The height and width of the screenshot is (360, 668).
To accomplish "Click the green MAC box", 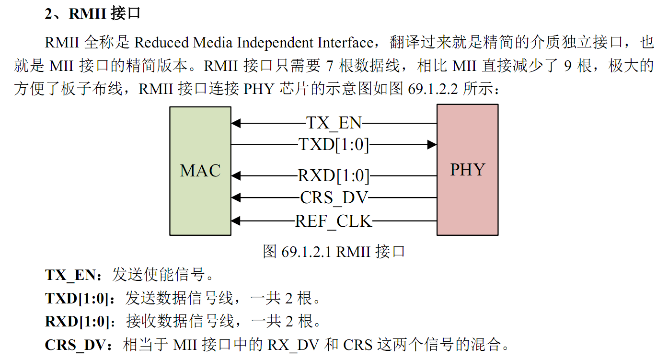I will (x=200, y=171).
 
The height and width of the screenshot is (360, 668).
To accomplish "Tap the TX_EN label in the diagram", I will (x=334, y=123).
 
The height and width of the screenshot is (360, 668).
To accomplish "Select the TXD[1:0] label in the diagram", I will (x=334, y=144).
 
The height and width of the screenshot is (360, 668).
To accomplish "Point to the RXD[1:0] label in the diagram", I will (x=334, y=176).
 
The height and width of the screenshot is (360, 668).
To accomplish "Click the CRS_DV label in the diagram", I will (x=334, y=197).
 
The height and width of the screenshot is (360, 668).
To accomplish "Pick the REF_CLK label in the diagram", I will (x=334, y=221).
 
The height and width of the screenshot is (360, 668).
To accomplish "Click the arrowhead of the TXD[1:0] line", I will (x=432, y=144).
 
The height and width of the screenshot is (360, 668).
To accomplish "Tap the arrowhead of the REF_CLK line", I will (x=235, y=221).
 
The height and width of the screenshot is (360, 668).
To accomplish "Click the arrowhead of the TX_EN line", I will (x=235, y=123).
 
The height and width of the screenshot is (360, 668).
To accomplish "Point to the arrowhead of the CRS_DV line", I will (x=235, y=197).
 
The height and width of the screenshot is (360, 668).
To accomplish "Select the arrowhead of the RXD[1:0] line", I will (x=235, y=176).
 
